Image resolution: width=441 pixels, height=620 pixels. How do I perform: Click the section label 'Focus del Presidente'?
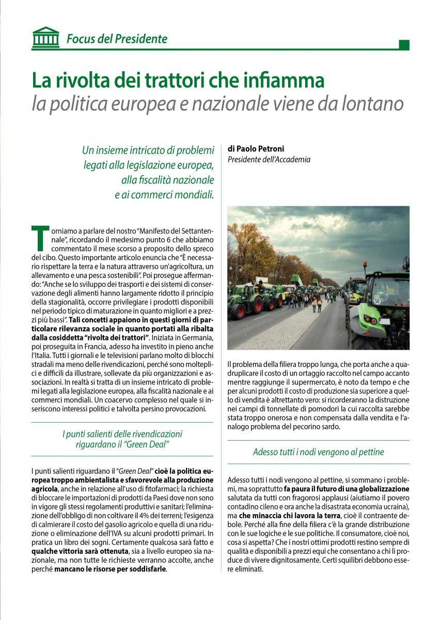point(117,39)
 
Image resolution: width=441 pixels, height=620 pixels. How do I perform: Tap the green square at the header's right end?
point(404,45)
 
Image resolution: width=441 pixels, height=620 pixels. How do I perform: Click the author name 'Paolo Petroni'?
point(252,149)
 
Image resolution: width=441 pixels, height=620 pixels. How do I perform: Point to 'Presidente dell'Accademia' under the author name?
point(269,160)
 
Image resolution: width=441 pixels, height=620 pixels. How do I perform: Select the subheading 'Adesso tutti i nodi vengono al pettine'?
point(318,452)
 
